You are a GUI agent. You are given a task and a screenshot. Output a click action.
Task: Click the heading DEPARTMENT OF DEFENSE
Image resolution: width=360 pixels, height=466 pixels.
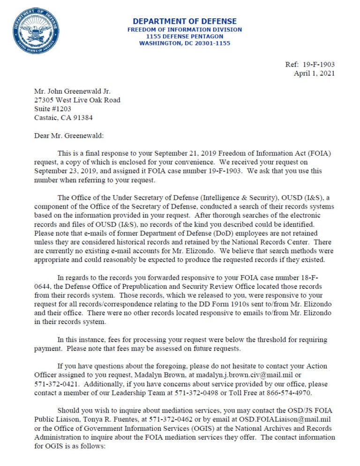pos(185,21)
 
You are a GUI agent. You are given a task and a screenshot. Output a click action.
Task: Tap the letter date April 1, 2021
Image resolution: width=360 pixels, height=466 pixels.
pos(314,74)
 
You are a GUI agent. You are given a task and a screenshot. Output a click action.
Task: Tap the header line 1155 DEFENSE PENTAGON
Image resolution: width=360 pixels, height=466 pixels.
pos(185,36)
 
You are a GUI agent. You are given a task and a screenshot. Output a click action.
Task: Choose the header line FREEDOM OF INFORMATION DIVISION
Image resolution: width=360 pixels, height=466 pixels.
pos(185,30)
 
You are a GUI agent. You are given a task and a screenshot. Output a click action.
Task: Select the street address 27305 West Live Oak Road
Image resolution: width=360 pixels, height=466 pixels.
pos(77,100)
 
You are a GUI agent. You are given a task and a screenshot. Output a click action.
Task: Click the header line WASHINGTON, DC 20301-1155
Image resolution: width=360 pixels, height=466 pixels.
pos(185,43)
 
